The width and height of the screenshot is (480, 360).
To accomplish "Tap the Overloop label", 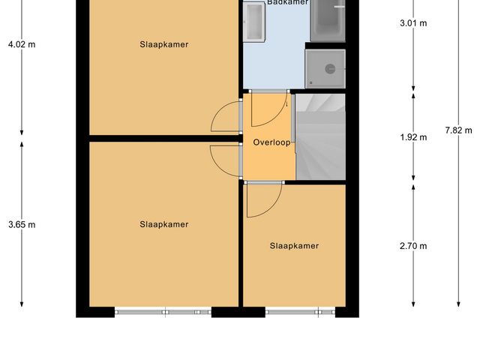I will tap(271, 142).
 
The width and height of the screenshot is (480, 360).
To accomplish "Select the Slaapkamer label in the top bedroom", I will tap(163, 44).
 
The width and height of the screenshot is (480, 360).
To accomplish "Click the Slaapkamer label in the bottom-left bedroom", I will tap(163, 224).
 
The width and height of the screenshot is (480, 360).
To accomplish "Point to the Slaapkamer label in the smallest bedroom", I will tap(294, 246).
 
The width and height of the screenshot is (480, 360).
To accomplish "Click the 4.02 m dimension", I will tap(21, 44).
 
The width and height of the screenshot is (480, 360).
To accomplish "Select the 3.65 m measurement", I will tap(21, 224).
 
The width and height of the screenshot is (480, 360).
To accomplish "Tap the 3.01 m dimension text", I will tap(413, 23).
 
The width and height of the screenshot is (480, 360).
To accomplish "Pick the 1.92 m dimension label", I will tap(413, 137).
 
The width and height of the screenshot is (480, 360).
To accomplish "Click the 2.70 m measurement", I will tap(413, 246).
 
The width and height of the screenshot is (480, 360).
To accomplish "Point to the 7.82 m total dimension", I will tap(458, 130).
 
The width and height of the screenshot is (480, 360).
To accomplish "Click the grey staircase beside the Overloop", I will tap(320, 136).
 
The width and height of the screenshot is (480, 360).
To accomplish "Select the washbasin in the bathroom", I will tap(255, 20).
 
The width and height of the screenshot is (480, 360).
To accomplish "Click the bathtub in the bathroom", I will tap(328, 19).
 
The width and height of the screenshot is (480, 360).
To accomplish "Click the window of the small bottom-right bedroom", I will tap(293, 310).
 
